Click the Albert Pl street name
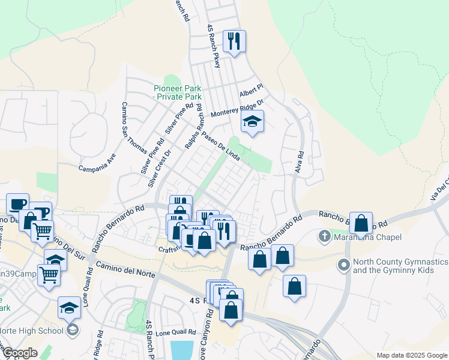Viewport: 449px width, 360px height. click(x=252, y=92)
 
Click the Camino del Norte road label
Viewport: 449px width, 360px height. click(x=123, y=268)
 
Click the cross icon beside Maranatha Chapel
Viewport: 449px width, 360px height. click(x=325, y=235)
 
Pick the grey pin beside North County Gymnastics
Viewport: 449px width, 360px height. click(x=344, y=263)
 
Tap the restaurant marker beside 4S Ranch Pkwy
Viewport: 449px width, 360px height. click(x=234, y=41)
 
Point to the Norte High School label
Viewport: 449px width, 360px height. click(x=31, y=330)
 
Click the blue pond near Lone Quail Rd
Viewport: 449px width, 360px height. click(x=182, y=350)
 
